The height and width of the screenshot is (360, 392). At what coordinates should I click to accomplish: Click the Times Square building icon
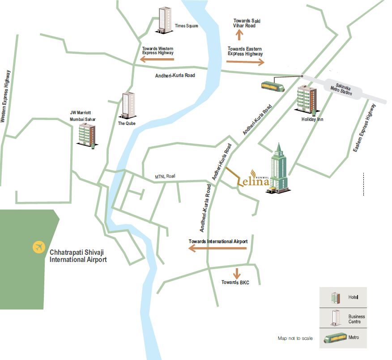(x=164, y=20)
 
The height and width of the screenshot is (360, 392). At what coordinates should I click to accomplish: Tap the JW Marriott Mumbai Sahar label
(x=83, y=116)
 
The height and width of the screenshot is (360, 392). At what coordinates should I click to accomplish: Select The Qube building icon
(x=128, y=105)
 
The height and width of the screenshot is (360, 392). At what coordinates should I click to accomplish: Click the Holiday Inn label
(x=313, y=120)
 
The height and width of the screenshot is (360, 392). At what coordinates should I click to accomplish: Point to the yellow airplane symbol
(x=39, y=246)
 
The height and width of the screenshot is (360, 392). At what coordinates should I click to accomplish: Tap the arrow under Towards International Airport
(x=218, y=248)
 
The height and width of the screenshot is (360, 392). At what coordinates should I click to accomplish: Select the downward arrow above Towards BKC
(x=236, y=273)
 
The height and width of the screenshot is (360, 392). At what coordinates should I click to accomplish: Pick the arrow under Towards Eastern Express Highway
(x=246, y=61)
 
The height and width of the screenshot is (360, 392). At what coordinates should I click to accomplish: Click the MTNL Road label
(x=165, y=176)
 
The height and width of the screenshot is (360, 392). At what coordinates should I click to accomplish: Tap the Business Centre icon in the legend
(x=334, y=319)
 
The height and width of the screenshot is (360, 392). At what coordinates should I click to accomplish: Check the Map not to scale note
(x=295, y=338)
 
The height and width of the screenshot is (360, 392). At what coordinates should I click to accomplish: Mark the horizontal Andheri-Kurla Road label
(x=175, y=76)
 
